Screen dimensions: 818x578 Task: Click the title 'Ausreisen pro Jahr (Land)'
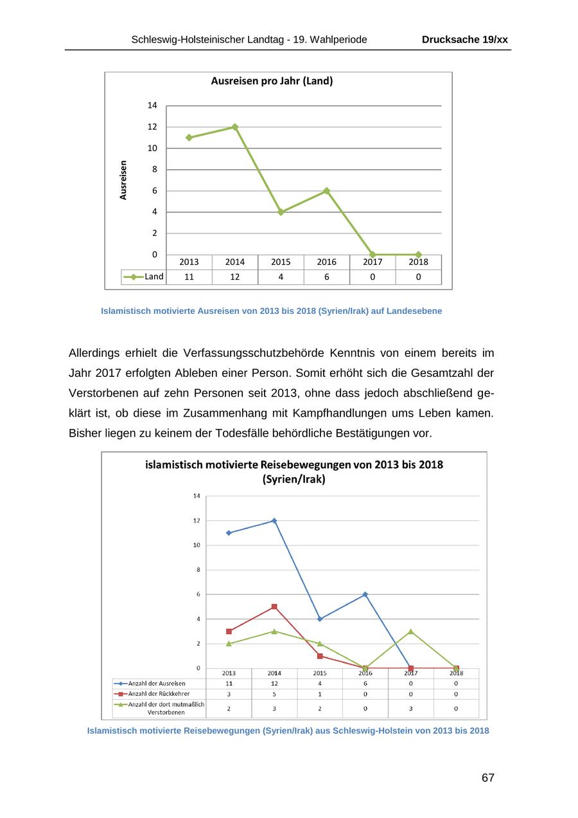[272, 81]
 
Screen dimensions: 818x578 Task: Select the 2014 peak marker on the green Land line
[235, 127]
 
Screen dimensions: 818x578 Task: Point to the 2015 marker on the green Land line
[281, 212]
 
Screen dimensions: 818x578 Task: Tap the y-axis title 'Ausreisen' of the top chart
[123, 180]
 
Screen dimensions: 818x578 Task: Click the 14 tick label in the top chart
[152, 105]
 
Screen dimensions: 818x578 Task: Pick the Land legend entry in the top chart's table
[144, 277]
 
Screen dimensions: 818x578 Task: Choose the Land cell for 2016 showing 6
[326, 277]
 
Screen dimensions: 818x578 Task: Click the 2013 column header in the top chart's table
[189, 262]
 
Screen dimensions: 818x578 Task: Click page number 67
[488, 778]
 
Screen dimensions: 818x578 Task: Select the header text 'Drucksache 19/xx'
[464, 40]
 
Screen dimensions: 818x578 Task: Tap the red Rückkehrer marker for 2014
[274, 606]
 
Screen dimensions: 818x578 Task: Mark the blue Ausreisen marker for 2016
[365, 594]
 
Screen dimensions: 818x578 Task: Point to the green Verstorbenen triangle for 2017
[411, 632]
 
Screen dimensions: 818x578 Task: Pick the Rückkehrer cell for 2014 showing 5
[274, 694]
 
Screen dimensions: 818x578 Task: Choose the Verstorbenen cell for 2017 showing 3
[411, 708]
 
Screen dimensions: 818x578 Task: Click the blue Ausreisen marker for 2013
[229, 532]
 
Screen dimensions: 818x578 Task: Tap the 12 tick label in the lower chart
[197, 520]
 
